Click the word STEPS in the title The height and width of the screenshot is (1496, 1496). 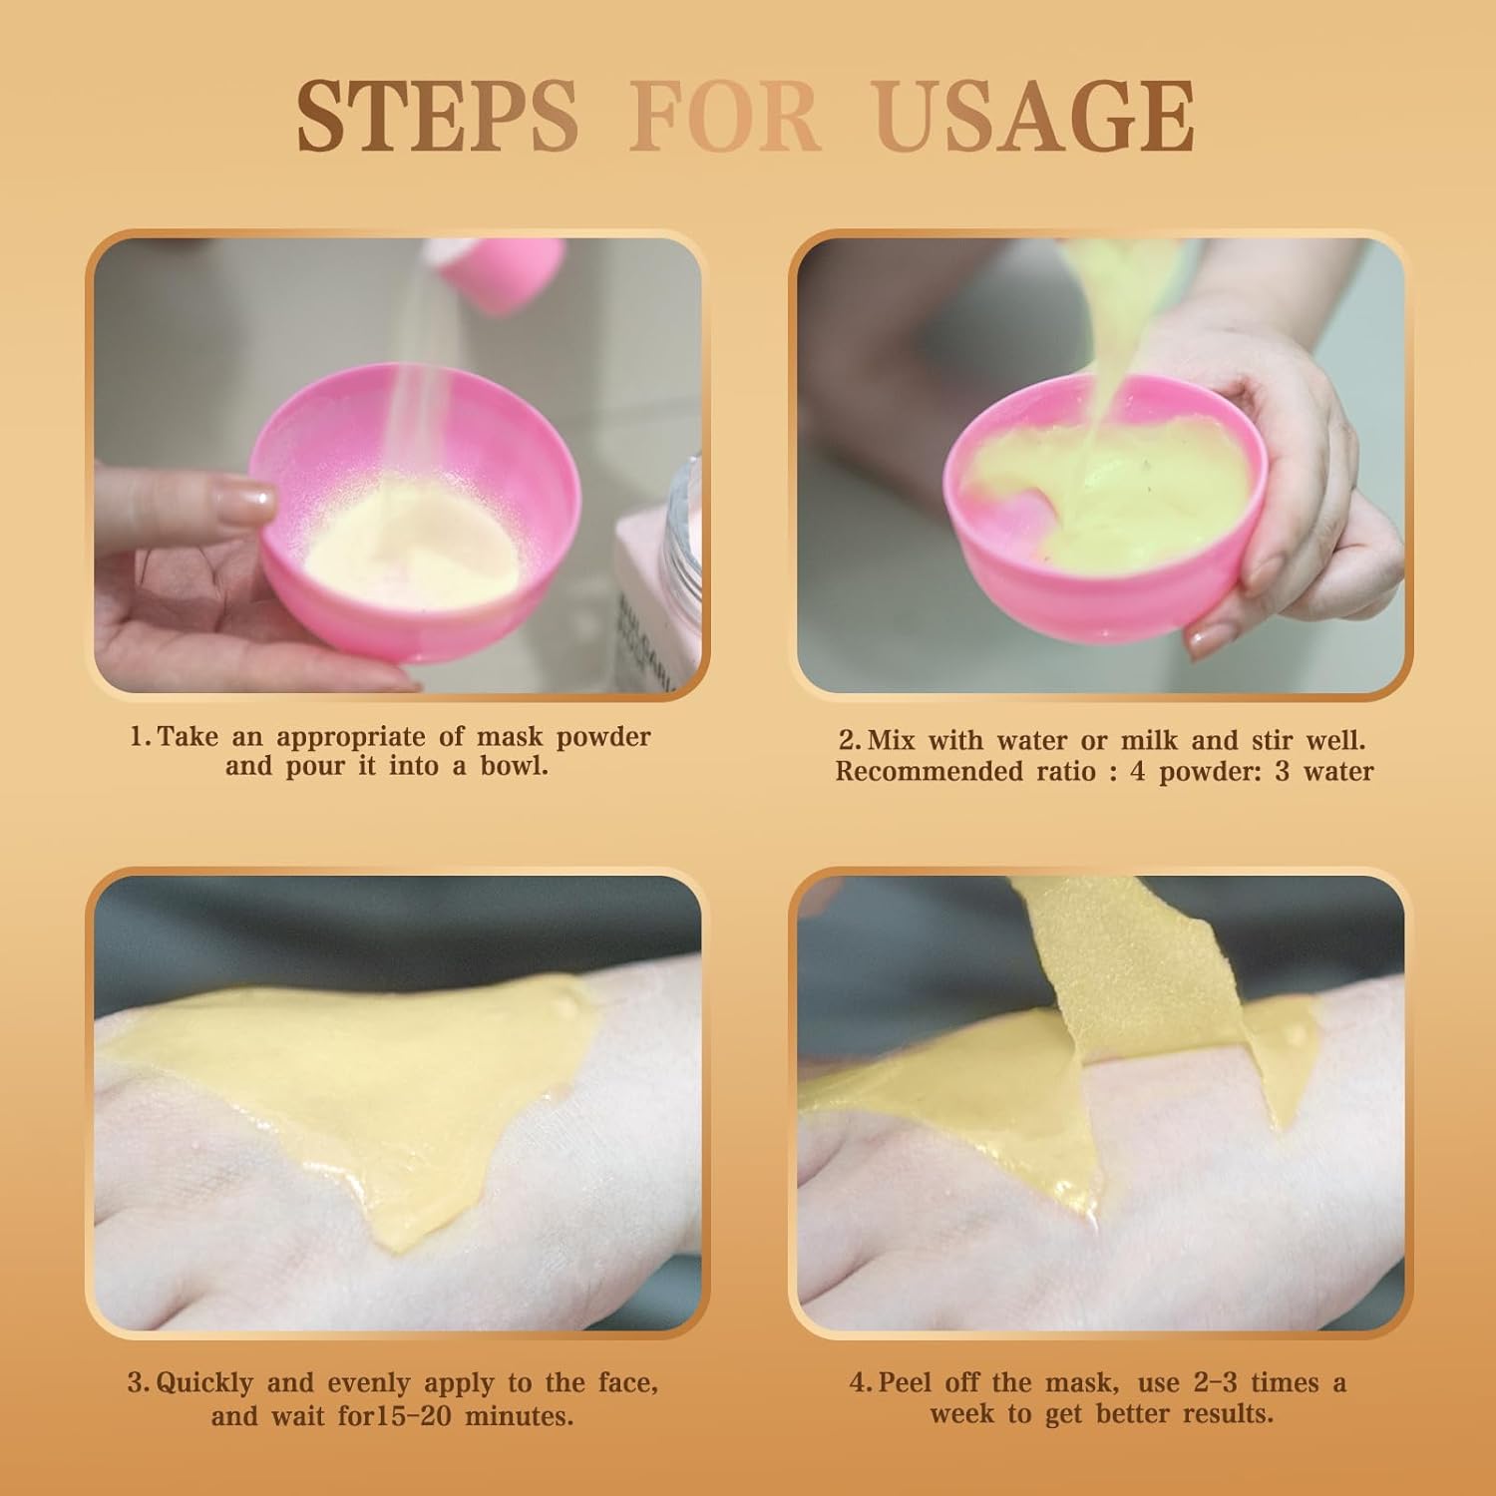(437, 118)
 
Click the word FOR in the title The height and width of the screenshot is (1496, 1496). (725, 118)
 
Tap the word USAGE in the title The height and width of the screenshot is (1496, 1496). (1035, 118)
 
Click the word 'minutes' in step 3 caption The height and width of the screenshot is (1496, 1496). (506, 1416)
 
